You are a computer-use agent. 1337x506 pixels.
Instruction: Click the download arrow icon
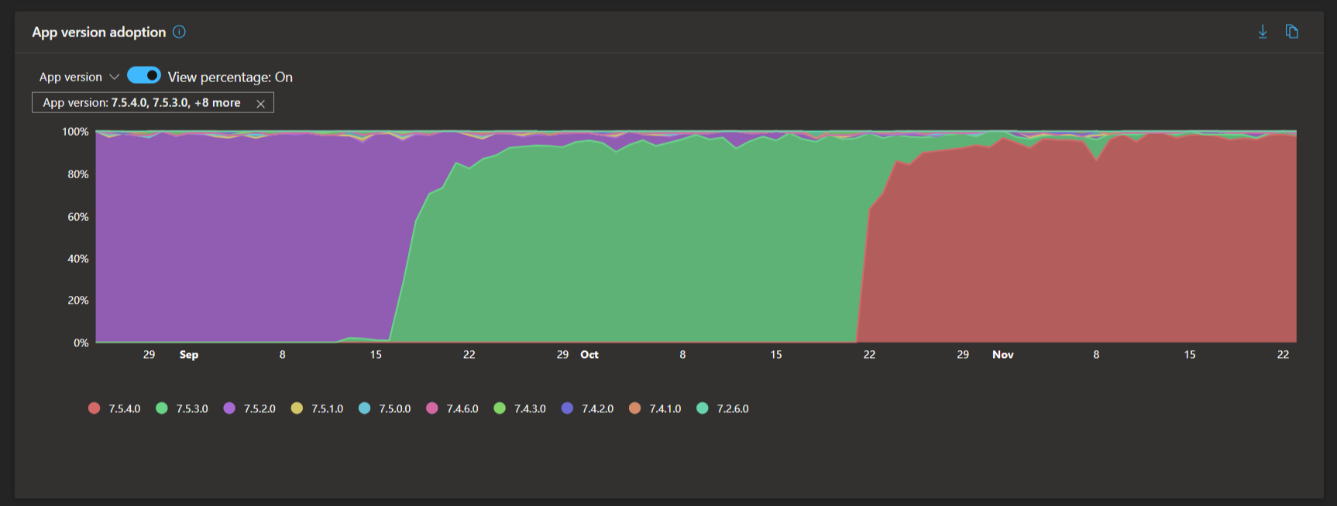point(1263,32)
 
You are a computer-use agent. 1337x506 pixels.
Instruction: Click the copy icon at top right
point(1291,32)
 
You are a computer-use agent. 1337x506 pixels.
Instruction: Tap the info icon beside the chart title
point(179,32)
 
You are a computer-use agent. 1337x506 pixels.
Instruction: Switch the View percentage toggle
point(144,75)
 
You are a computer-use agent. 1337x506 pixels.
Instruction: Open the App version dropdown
point(79,77)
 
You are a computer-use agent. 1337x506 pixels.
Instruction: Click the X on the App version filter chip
point(261,103)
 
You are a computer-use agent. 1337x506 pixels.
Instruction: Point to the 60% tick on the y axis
point(78,217)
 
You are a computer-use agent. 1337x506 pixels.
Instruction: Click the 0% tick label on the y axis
point(81,342)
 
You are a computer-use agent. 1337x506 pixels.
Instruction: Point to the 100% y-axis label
point(75,132)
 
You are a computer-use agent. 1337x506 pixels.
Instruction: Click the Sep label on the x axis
point(189,355)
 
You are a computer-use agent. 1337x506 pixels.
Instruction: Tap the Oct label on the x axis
point(589,355)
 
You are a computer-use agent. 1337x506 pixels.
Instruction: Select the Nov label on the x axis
point(1003,355)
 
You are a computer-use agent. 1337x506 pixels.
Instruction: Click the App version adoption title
point(98,32)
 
